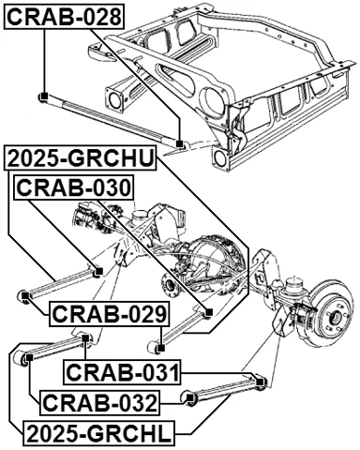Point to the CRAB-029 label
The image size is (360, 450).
coord(109,314)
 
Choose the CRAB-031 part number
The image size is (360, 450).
coord(122,373)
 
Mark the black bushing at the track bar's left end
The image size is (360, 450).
coord(42,96)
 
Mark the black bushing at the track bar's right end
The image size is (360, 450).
coord(178,142)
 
